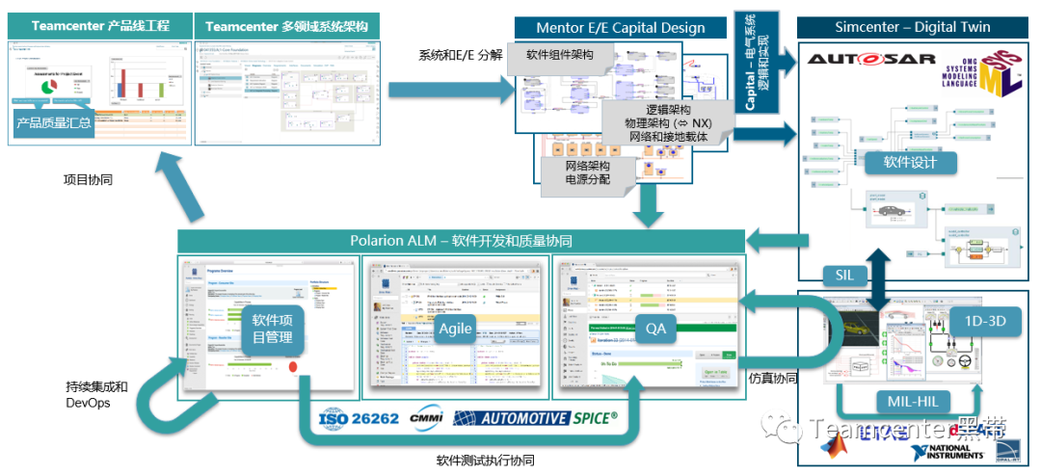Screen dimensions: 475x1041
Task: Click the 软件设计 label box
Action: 910,162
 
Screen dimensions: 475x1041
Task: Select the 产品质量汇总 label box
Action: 54,122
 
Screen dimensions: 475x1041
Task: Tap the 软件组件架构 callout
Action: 560,56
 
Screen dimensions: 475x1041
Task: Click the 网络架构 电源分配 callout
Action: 587,172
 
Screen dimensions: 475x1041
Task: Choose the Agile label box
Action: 455,329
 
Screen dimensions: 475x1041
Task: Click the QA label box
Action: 655,329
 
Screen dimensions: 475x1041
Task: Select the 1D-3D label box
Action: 984,322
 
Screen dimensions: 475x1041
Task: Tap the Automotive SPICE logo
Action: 536,418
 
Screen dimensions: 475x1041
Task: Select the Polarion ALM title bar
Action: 461,241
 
